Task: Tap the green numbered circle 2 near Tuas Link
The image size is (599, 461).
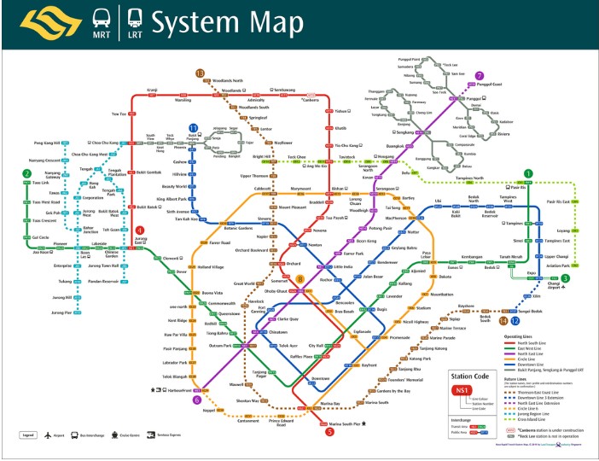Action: [x=28, y=174]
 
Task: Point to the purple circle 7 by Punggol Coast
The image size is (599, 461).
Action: [x=479, y=75]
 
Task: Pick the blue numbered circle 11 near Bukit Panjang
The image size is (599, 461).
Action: [x=194, y=127]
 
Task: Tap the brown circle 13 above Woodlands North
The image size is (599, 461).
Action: [x=201, y=74]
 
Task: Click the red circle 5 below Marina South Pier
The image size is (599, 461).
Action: [x=329, y=431]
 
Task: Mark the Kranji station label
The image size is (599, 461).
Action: [x=153, y=89]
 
